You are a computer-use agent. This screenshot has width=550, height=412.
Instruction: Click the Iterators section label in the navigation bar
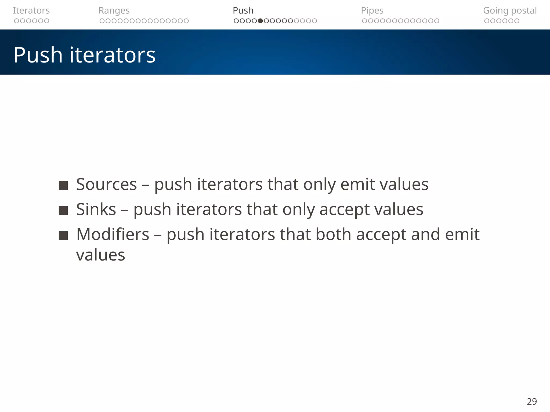tap(31, 10)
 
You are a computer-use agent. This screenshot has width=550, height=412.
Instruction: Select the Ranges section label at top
tap(114, 10)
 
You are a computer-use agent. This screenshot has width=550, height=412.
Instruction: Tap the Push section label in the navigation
tap(243, 10)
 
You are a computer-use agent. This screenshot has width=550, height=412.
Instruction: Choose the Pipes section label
tap(372, 10)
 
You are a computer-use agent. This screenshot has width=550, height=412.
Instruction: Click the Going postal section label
tap(510, 10)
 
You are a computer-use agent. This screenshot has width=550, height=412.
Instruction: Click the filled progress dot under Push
tap(260, 21)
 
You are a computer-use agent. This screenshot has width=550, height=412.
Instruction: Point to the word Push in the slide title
tap(38, 55)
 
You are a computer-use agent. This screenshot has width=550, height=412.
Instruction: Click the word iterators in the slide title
tap(113, 55)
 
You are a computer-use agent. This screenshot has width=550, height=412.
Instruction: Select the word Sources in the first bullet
tap(106, 185)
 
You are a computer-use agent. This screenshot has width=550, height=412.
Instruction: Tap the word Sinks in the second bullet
tap(96, 209)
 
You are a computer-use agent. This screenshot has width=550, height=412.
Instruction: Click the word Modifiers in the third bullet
tap(113, 234)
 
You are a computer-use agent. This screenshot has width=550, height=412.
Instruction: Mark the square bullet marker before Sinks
tap(63, 211)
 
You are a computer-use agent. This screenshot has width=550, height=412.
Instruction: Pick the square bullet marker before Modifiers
tap(63, 236)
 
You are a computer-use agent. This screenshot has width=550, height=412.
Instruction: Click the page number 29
tap(531, 402)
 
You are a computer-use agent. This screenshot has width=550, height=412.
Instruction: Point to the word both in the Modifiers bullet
tap(333, 234)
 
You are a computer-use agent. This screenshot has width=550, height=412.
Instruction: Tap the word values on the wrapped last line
tap(100, 255)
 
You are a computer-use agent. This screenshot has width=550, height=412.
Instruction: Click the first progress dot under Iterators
tap(16, 21)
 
